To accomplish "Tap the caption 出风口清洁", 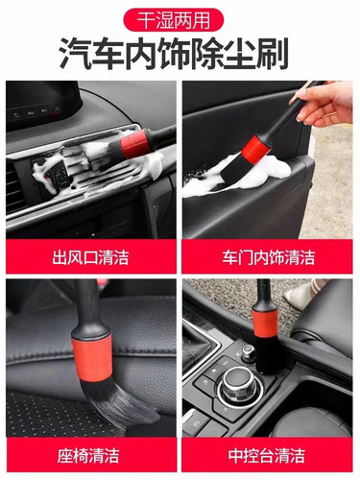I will pyautogui.click(x=89, y=256).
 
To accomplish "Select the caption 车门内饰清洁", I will pyautogui.click(x=269, y=256).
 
